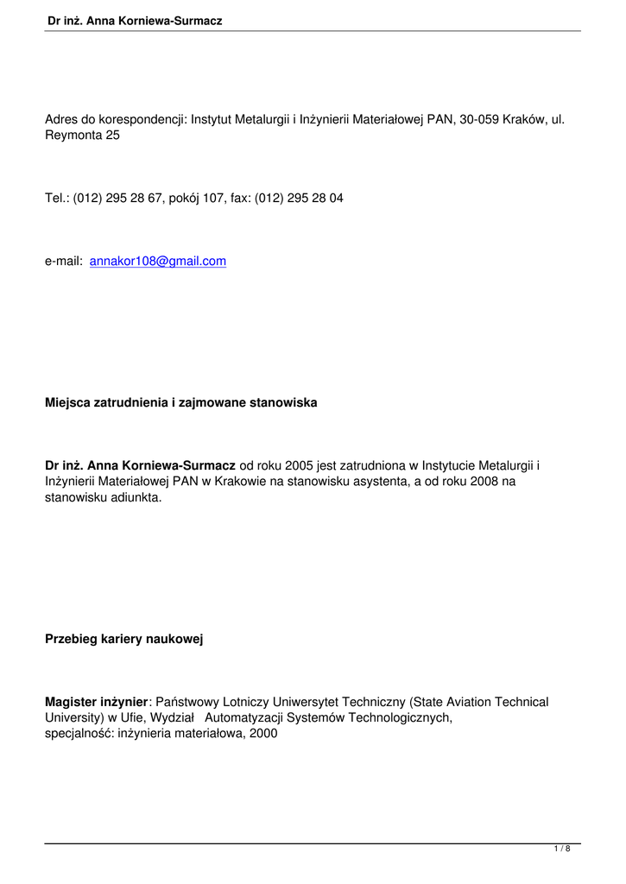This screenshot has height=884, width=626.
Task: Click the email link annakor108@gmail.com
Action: click(x=158, y=261)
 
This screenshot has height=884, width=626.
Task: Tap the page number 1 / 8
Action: click(x=562, y=849)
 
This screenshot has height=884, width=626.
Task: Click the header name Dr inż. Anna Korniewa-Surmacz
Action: click(x=136, y=20)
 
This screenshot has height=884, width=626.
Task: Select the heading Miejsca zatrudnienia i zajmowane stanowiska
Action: click(x=180, y=402)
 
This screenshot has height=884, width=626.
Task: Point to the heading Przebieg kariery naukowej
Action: click(x=123, y=639)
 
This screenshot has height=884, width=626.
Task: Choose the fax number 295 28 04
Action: click(x=317, y=198)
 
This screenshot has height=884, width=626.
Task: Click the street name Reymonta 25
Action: click(x=82, y=135)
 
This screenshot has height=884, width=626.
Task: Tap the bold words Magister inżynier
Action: click(x=97, y=702)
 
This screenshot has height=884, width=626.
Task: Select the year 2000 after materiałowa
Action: click(x=262, y=734)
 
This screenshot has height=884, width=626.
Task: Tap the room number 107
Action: click(x=212, y=198)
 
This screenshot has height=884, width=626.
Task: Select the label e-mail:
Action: click(x=64, y=261)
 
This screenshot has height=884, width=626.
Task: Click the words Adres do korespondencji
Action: click(x=115, y=119)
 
